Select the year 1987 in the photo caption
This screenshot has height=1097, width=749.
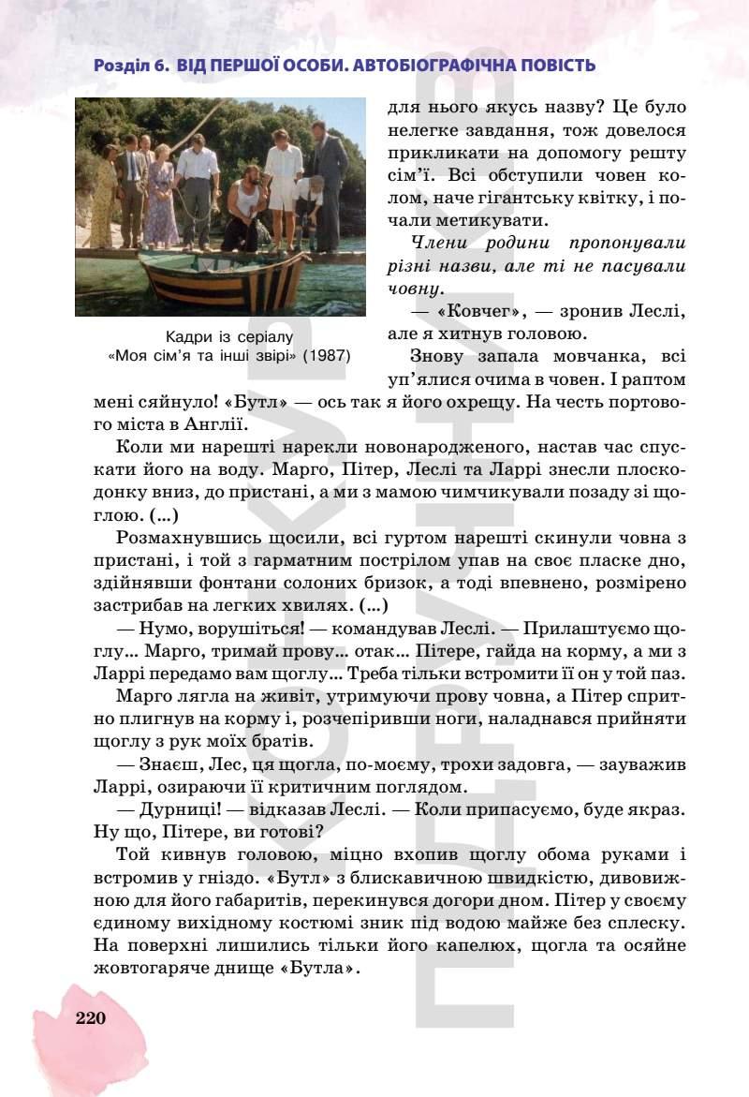[332, 356]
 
